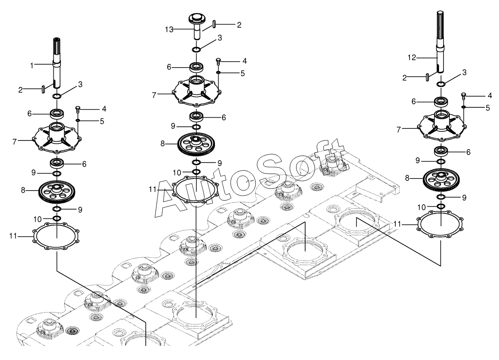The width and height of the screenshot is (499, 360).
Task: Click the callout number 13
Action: (x=169, y=29)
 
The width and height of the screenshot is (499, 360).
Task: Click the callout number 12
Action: (x=412, y=58)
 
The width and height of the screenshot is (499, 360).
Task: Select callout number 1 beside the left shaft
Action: (x=32, y=65)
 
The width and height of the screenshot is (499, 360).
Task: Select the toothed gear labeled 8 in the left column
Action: (x=57, y=191)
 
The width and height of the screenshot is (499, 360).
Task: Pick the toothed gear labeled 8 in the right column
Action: (x=441, y=179)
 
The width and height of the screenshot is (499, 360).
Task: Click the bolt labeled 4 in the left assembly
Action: (x=78, y=109)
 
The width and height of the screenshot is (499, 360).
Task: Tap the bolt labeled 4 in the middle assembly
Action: (x=218, y=61)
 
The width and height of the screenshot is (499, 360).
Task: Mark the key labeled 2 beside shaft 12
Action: (x=427, y=77)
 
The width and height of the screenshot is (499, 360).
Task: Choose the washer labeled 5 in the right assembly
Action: (x=463, y=107)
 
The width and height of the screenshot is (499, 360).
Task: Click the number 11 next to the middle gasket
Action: (x=152, y=189)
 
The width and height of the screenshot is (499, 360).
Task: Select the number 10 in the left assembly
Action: (x=38, y=219)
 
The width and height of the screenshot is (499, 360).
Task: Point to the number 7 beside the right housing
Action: (x=399, y=130)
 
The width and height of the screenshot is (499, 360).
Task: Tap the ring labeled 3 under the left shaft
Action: (x=57, y=96)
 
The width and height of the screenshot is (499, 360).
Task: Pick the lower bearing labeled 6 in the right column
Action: (x=441, y=152)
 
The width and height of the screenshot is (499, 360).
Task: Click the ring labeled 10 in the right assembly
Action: (x=441, y=206)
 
